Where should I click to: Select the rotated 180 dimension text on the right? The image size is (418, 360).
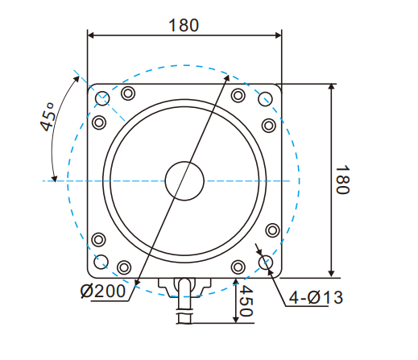pos(341,180)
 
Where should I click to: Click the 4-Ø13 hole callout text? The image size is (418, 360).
pos(316,298)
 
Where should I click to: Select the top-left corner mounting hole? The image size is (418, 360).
pos(102,99)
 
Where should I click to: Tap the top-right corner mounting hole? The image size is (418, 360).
pos(267,99)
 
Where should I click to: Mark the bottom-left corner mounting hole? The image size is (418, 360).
pos(102,263)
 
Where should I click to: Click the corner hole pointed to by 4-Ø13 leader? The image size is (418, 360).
pos(267,263)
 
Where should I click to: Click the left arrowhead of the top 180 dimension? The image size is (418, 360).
pos(91,35)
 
